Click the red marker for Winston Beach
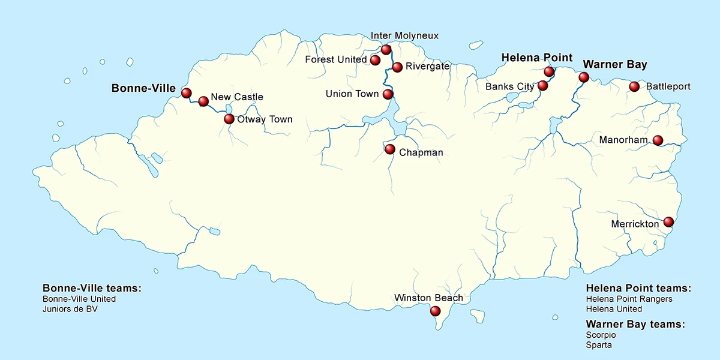coord(436,311)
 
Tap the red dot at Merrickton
coord(668,222)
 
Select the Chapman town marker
coord(390,149)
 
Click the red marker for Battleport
coord(634,86)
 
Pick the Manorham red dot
coord(658,140)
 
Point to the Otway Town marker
coord(229,119)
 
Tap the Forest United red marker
coord(375,60)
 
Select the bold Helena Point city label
coord(537,58)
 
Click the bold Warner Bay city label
coord(615,64)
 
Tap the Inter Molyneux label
coord(404,36)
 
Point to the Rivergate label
coord(427,67)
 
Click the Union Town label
coord(352,94)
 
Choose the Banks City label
coord(509,86)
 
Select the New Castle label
coord(237,97)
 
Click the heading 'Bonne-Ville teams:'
coord(92,288)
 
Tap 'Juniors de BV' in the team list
coord(70,310)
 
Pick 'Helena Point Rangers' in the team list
coord(629,299)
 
